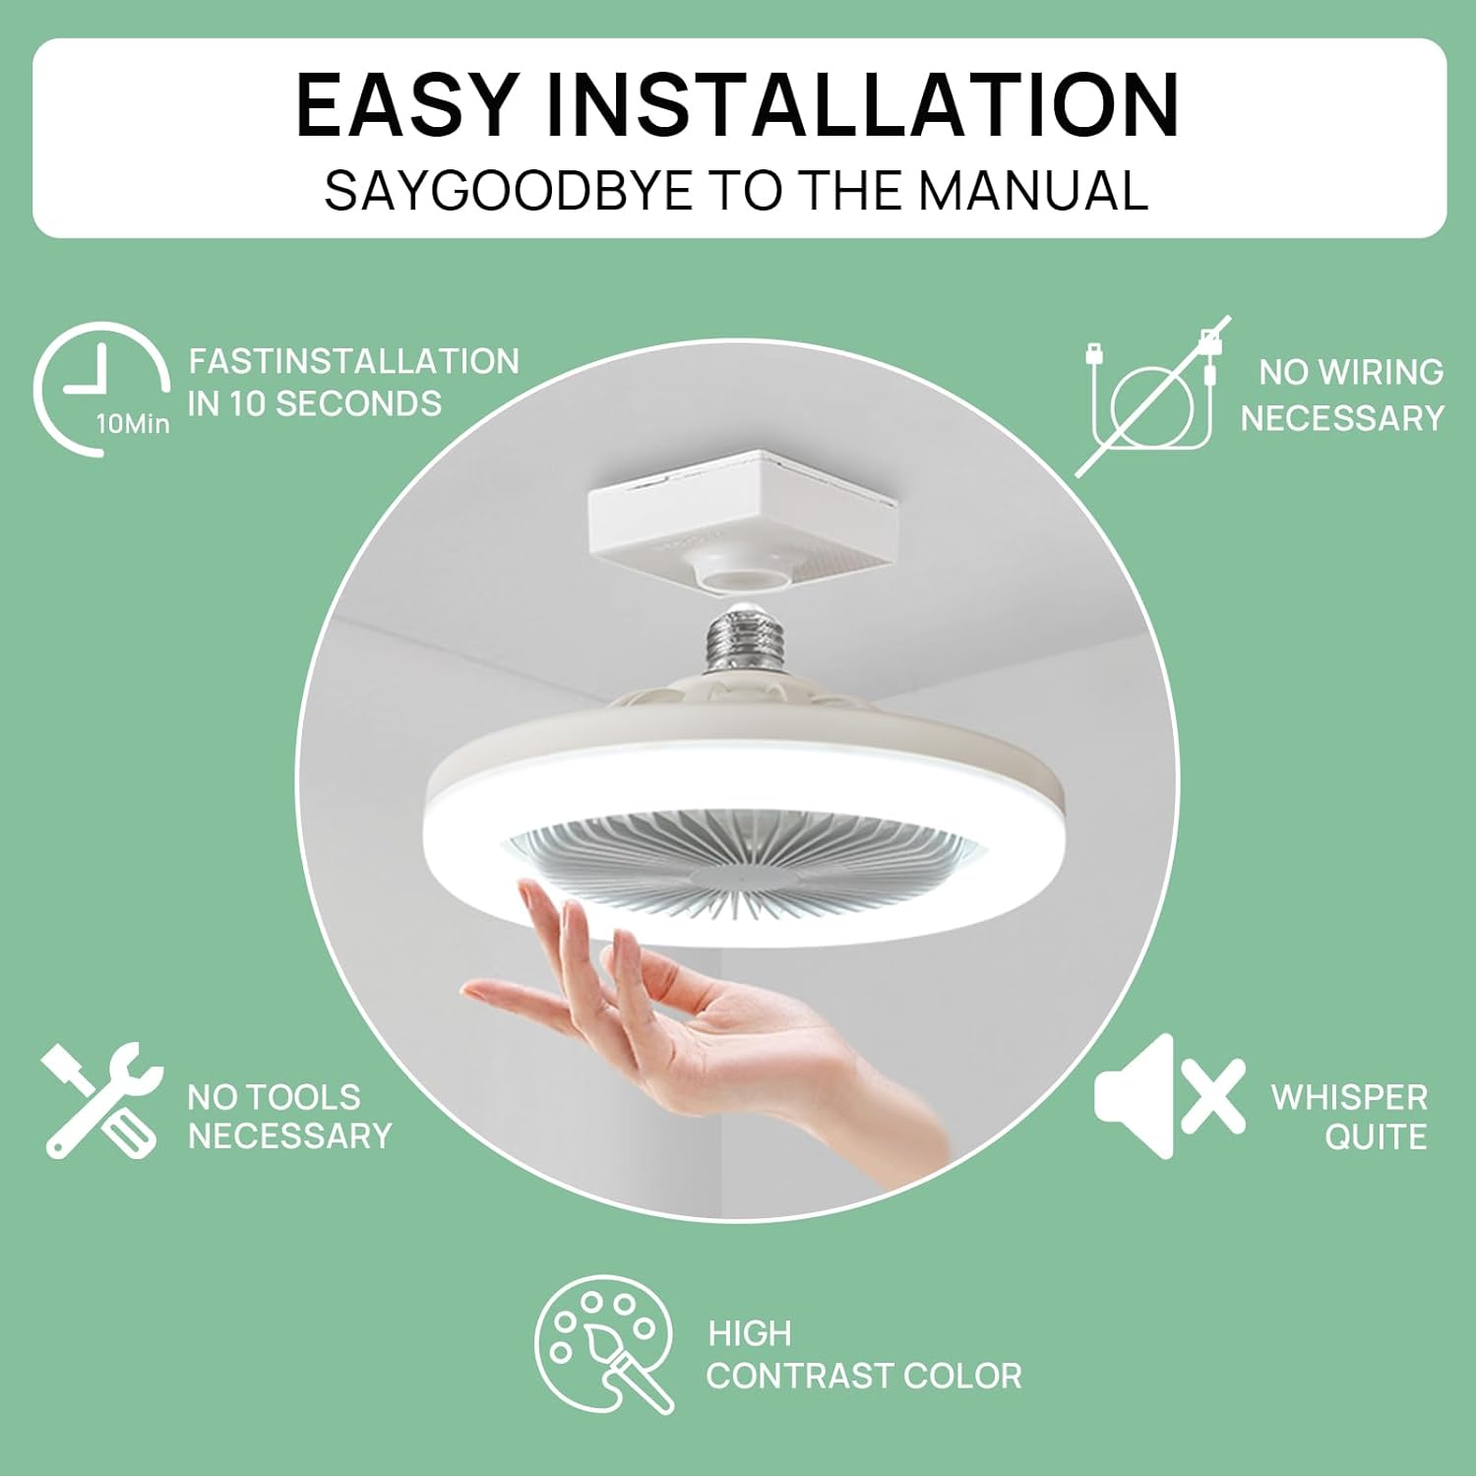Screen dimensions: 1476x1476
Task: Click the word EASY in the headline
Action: pos(406,104)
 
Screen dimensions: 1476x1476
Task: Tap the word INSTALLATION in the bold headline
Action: pos(862,104)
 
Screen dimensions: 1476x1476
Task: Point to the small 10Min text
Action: pos(133,424)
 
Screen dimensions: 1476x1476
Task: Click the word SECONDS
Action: pos(359,403)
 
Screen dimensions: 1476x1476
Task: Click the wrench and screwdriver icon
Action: pos(101,1101)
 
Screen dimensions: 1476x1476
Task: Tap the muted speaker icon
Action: pos(1170,1095)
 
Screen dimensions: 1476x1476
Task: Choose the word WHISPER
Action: pos(1349,1097)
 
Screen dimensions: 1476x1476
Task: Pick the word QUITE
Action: pos(1376,1137)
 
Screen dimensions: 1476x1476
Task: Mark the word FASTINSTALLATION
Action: pos(354,361)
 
